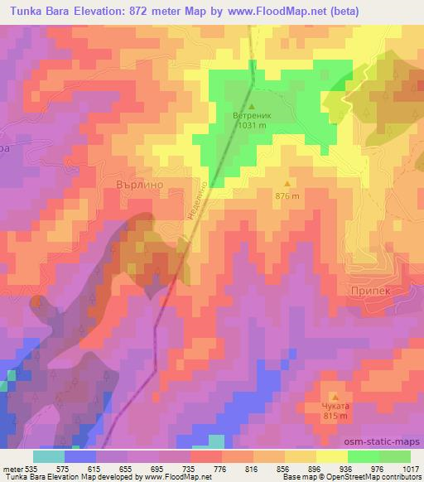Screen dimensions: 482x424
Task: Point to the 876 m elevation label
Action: click(287, 195)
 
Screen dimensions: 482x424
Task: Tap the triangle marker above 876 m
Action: click(287, 184)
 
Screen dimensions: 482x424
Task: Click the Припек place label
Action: click(371, 292)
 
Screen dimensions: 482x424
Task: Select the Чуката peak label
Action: click(335, 407)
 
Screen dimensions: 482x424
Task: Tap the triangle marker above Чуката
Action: click(335, 396)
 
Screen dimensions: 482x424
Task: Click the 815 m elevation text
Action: click(335, 417)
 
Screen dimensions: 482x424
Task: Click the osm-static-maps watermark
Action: click(384, 441)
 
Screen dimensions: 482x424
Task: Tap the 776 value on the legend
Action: click(222, 468)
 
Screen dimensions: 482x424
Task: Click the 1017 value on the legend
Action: click(410, 468)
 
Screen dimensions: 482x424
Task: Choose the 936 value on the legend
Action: click(347, 468)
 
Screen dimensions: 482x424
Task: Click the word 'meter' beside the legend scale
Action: click(12, 468)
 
